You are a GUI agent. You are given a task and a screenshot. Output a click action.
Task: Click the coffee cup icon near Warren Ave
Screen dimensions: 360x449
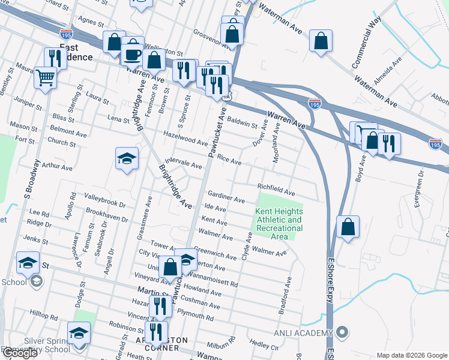(133, 54)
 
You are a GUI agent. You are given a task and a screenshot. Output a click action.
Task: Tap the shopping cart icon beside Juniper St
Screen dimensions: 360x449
(45, 77)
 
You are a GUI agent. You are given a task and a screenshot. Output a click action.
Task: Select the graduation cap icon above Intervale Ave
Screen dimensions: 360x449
(127, 159)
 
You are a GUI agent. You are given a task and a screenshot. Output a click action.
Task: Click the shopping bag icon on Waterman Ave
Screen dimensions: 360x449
(321, 41)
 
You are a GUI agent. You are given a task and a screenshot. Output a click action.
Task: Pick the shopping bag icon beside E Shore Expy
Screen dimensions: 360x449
(348, 227)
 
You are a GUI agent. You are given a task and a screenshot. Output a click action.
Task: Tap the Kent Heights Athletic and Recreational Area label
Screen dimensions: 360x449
(279, 224)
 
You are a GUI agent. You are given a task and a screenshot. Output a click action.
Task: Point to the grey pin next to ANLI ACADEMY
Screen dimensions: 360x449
(342, 332)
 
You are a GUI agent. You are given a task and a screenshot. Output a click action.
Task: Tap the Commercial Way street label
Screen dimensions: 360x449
(367, 42)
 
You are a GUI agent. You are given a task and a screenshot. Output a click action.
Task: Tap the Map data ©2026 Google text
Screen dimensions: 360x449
(411, 355)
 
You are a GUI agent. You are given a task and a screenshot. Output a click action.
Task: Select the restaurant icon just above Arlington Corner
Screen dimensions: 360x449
(156, 331)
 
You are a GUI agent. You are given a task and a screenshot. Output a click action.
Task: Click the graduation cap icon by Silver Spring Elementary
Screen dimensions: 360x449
(79, 332)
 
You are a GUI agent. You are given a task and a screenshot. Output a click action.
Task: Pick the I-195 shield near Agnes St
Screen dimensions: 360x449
(66, 33)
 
